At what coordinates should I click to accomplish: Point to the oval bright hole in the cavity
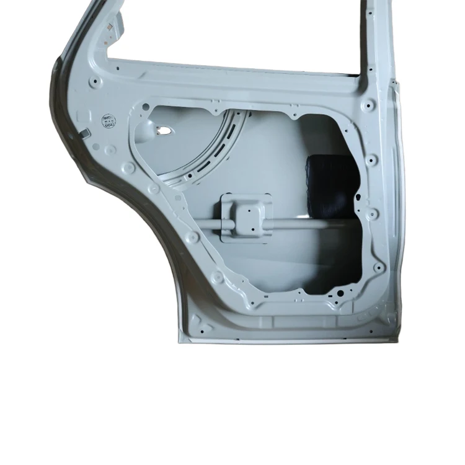[166, 131]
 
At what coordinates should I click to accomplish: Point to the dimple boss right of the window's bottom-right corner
[370, 104]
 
